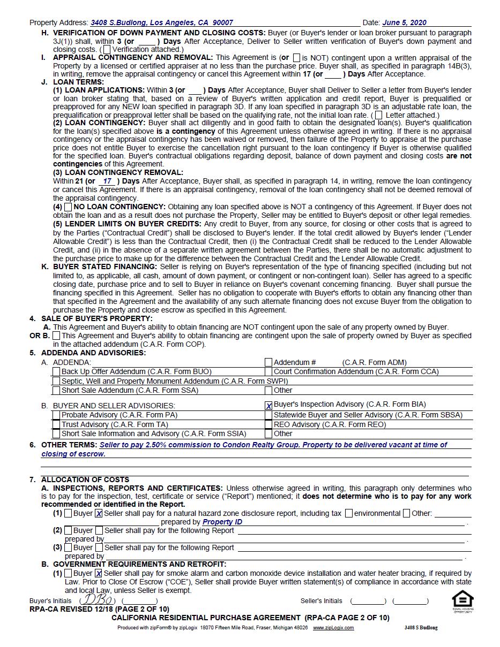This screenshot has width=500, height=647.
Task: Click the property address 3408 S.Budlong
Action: [x=161, y=22]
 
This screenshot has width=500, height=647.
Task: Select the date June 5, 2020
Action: [x=405, y=22]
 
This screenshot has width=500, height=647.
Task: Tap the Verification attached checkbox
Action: [x=107, y=49]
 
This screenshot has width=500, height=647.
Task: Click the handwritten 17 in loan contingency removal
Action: [x=107, y=181]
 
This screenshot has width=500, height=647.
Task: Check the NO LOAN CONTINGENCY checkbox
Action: [x=68, y=207]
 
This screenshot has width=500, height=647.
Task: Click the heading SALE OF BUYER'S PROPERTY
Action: [x=96, y=318]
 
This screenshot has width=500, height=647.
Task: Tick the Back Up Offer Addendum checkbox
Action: [x=56, y=371]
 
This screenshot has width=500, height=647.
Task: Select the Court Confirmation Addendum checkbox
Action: [x=268, y=371]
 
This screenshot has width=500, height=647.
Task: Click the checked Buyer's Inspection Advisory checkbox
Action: [x=268, y=406]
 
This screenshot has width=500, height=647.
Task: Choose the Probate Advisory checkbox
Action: [x=56, y=415]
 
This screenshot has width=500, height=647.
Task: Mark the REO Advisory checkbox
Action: [x=268, y=424]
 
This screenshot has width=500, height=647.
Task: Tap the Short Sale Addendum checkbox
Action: [x=56, y=390]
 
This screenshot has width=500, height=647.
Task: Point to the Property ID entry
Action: [x=222, y=522]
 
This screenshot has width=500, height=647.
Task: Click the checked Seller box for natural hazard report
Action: [x=99, y=514]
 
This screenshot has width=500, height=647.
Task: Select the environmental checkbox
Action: [x=349, y=513]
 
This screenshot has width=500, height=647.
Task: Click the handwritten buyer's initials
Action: [x=96, y=599]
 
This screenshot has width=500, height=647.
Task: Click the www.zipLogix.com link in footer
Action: [x=333, y=628]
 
